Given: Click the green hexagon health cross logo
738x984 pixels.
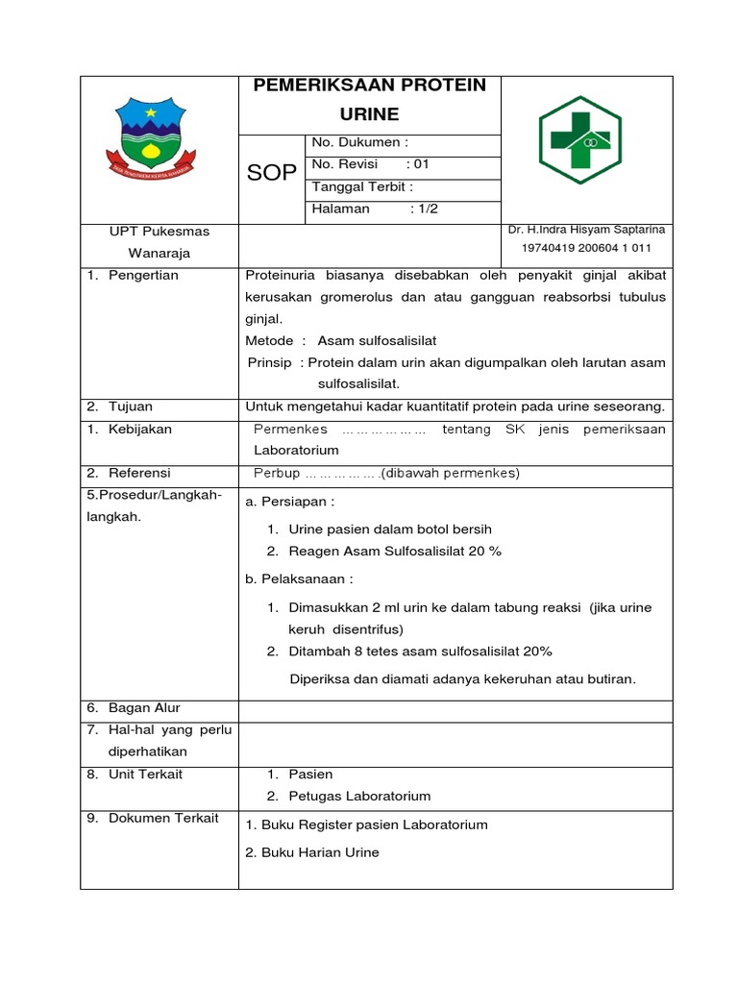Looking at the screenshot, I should click(x=579, y=140).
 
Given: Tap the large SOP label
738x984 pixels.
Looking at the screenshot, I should click(x=272, y=173).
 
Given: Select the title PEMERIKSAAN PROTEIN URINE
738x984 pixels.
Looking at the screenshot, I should click(x=369, y=99).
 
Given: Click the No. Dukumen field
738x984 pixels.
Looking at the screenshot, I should click(x=360, y=143).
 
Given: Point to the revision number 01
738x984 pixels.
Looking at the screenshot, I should click(x=422, y=164).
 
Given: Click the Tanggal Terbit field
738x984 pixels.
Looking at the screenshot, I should click(x=362, y=186).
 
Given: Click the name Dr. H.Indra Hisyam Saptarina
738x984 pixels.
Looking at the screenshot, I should click(x=586, y=230).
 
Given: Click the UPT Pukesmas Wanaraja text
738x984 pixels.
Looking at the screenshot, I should click(x=160, y=242).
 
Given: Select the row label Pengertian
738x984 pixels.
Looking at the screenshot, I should click(x=143, y=275).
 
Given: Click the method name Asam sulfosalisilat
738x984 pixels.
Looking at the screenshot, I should click(x=370, y=340).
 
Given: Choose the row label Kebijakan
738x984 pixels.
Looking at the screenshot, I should click(x=140, y=429).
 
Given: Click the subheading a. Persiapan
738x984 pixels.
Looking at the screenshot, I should click(x=290, y=502).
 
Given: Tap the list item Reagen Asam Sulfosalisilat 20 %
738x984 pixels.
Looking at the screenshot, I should click(x=395, y=551).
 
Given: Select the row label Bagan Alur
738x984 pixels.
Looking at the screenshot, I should click(x=144, y=707).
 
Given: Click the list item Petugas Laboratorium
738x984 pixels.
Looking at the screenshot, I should click(x=359, y=796).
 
